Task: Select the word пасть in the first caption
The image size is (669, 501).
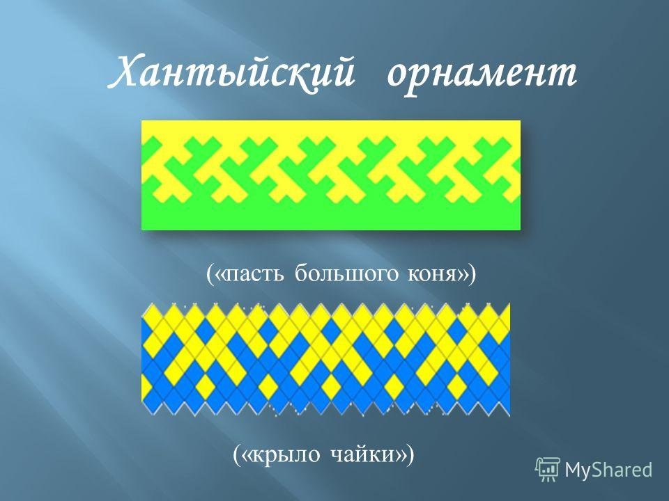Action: click(x=254, y=273)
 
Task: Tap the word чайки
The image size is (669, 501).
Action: click(x=363, y=454)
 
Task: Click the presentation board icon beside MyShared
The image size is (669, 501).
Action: click(x=548, y=470)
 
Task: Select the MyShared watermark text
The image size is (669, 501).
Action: click(x=608, y=470)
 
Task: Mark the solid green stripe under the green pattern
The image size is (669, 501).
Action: click(x=330, y=216)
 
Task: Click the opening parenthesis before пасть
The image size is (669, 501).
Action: click(x=210, y=274)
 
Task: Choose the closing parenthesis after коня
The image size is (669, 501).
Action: click(x=472, y=274)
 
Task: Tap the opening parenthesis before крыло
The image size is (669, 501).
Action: click(x=237, y=454)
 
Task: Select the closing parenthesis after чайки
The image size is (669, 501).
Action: click(x=410, y=454)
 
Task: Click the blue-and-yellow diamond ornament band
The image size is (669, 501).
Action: click(x=325, y=359)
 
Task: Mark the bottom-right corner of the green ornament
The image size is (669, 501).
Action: click(x=521, y=230)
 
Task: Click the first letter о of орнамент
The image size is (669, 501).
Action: click(x=399, y=76)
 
